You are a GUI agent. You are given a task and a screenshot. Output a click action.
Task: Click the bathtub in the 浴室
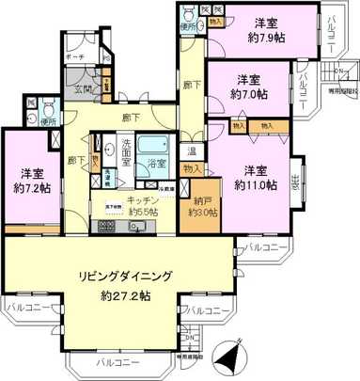pos(152,150)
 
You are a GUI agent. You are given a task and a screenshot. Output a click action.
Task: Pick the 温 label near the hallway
pos(191,151)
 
